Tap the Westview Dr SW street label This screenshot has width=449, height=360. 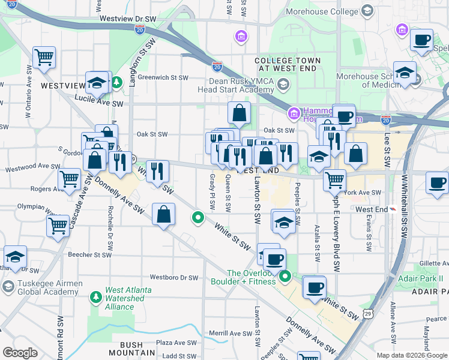pyautogui.click(x=127, y=19)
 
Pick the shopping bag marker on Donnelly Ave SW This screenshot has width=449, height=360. pyautogui.click(x=164, y=215)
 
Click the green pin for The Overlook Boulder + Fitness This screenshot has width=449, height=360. pyautogui.click(x=286, y=276)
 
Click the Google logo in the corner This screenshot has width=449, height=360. pyautogui.click(x=20, y=353)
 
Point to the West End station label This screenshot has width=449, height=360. pyautogui.click(x=372, y=209)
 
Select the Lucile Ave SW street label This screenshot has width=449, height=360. pyautogui.click(x=99, y=104)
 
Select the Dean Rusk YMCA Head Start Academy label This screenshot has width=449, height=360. pyautogui.click(x=241, y=86)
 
